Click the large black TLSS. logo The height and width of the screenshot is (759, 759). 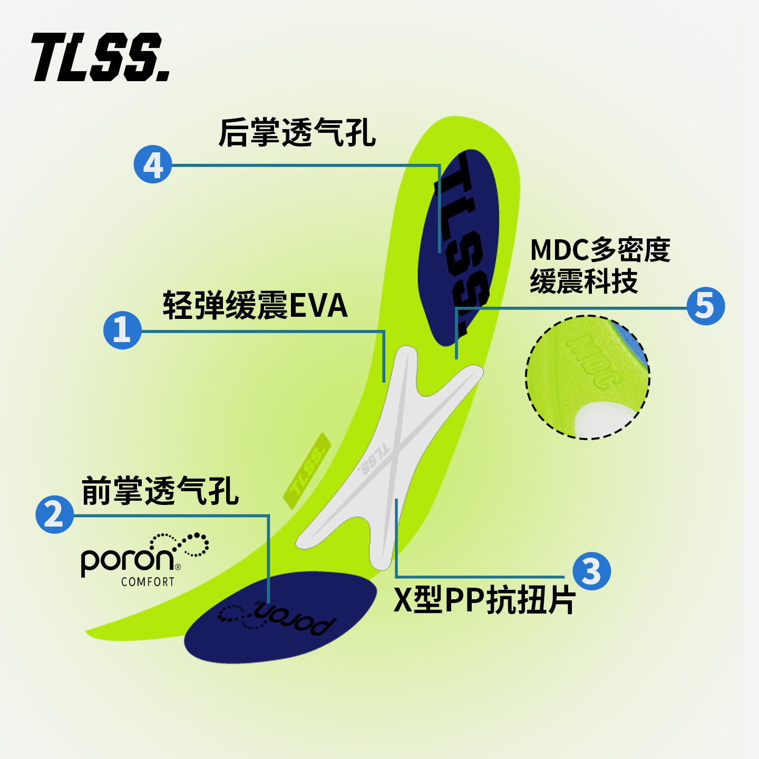tap(101, 57)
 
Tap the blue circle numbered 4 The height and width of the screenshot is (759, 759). tap(153, 165)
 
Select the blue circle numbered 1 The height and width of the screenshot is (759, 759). tap(122, 330)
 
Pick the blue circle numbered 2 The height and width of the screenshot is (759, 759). tap(54, 514)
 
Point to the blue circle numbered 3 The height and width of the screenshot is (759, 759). tap(591, 571)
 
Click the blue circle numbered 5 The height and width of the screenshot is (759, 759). tap(706, 306)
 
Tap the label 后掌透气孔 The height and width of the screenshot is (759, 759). tap(297, 133)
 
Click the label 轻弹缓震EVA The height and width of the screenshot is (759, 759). tap(255, 305)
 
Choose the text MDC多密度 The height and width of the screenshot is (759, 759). tap(600, 250)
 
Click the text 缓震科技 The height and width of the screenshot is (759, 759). tap(583, 281)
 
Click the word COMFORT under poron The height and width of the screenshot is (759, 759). tap(148, 582)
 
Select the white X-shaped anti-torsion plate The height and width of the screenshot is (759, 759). tap(390, 457)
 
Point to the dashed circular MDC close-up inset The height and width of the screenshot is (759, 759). tap(587, 377)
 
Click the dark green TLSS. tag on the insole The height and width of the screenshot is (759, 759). tap(307, 471)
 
